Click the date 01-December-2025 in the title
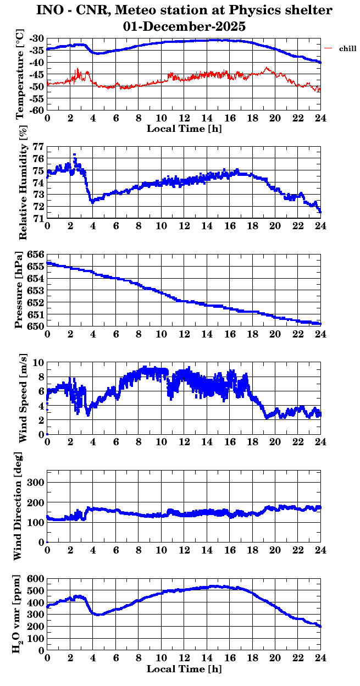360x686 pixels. pos(184,26)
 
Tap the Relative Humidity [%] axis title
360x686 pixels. pos(23,182)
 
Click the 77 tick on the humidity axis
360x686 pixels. pos(38,147)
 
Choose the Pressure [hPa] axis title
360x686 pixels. pos(20,290)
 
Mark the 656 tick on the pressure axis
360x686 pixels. pos(36,255)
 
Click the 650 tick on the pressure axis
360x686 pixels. pos(36,327)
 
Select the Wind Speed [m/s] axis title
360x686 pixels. pos(23,398)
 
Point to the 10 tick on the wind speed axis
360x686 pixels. pos(38,363)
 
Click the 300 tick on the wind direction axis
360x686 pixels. pos(37,482)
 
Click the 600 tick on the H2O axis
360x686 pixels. pos(36,579)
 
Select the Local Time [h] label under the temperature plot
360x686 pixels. pos(184,129)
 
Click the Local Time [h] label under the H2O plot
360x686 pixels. pos(184,669)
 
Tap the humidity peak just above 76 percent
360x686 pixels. pos(74,156)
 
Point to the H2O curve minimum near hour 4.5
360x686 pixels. pos(99,614)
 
